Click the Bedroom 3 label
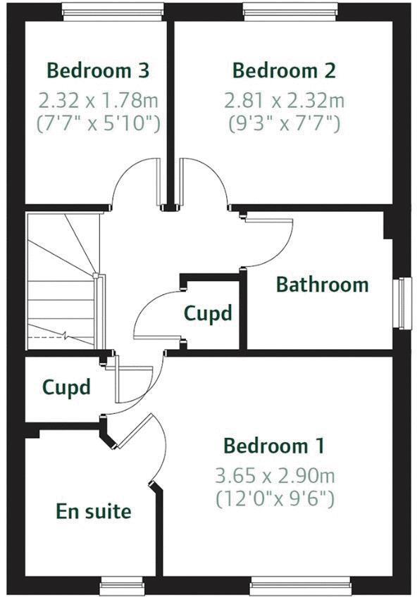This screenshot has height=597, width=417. tap(98, 70)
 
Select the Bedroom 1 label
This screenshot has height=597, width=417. tap(274, 446)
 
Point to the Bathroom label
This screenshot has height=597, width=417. tap(322, 285)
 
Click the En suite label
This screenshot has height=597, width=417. tap(94, 511)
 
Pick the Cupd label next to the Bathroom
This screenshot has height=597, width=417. tap(208, 313)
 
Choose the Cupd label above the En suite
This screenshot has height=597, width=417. tap(66, 387)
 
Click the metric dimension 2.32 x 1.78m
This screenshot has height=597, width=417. tap(98, 100)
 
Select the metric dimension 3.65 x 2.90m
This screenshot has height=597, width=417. tap(274, 475)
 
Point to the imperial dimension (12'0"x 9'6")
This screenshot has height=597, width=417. tap(274, 499)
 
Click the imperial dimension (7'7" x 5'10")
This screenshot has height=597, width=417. tap(98, 124)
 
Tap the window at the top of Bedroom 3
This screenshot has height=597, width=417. tap(113, 10)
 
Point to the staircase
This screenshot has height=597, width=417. tap(61, 282)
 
